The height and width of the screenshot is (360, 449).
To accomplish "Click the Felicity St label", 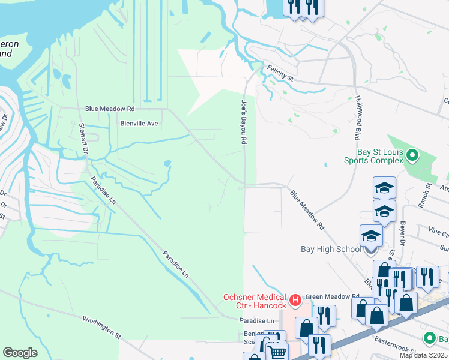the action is [x=280, y=74].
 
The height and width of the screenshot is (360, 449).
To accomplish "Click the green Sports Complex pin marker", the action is [x=412, y=156].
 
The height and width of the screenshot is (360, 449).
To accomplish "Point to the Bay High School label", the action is [x=331, y=249].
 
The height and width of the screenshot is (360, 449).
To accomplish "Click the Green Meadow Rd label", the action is [x=332, y=296].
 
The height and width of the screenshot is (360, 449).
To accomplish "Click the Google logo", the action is [x=20, y=352].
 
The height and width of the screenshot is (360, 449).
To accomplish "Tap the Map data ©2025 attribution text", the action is [x=424, y=355].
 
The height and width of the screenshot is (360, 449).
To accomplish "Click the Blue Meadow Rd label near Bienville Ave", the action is [x=110, y=109].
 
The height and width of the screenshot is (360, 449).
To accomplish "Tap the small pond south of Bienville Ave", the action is [x=167, y=163].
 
